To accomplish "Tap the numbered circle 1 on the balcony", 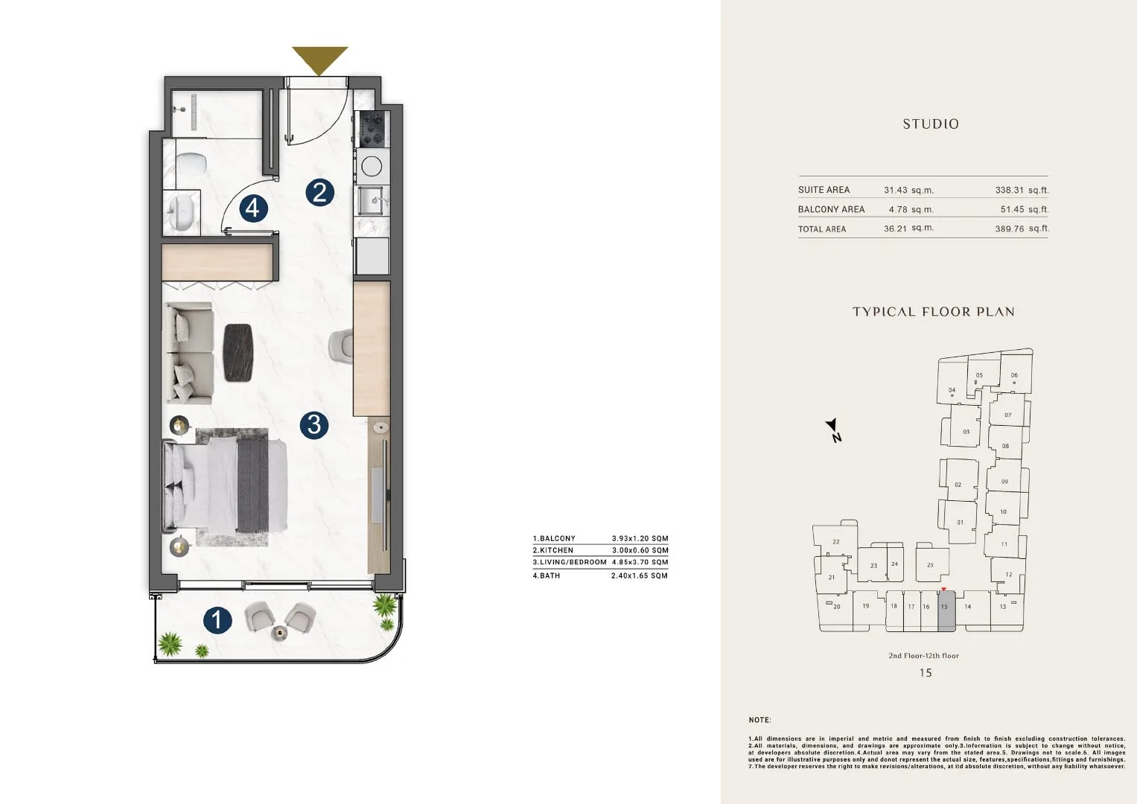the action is click(x=217, y=620).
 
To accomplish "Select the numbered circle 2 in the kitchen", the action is click(x=319, y=192).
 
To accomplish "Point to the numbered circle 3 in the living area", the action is click(x=313, y=424).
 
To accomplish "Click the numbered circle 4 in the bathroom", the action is click(x=253, y=208).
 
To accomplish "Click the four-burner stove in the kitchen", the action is click(x=372, y=129).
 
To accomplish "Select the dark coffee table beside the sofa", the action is click(x=238, y=352).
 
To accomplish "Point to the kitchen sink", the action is click(x=372, y=200).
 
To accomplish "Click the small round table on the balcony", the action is click(x=280, y=633).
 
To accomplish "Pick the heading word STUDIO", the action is click(x=931, y=124).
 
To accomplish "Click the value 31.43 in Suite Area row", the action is click(x=896, y=190).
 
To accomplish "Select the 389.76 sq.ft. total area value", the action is click(x=1022, y=229).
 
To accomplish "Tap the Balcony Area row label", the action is click(x=831, y=209).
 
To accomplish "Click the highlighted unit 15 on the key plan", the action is click(x=946, y=611).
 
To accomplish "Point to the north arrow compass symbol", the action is click(x=833, y=430).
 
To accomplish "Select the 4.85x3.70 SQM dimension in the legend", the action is click(x=640, y=562).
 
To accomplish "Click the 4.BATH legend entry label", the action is click(x=547, y=575).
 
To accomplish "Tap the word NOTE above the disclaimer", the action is click(x=759, y=720).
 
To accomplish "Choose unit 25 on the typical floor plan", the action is click(x=932, y=564).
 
